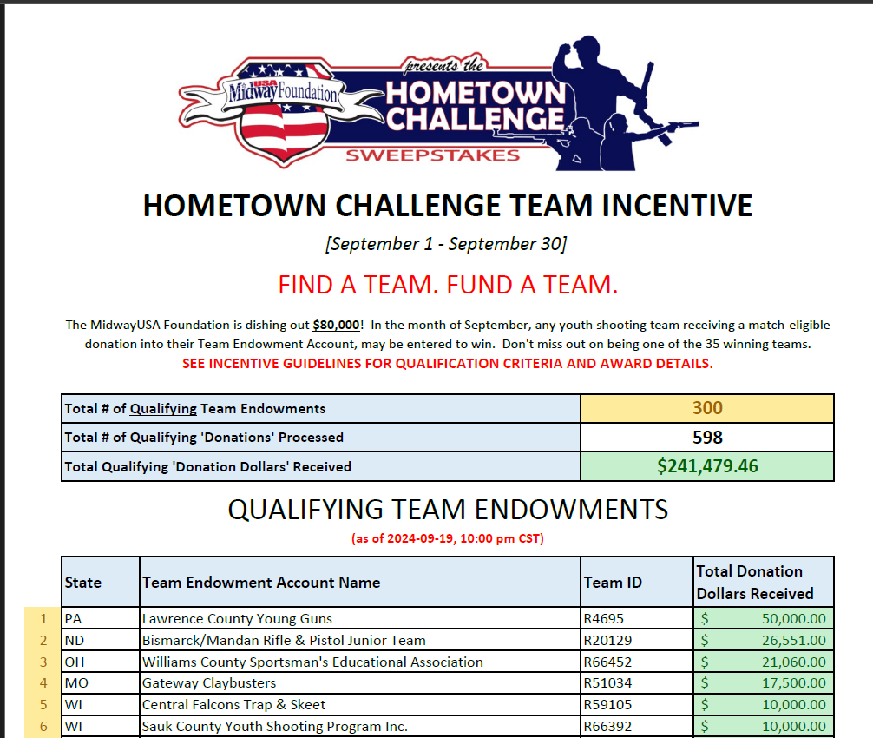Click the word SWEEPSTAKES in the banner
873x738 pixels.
(x=432, y=155)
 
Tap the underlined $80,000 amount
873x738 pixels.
(x=336, y=325)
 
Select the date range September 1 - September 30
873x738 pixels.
(x=446, y=243)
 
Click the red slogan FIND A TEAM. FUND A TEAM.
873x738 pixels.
(x=448, y=284)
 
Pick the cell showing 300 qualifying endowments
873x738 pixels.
(x=707, y=408)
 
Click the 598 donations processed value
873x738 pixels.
(x=707, y=437)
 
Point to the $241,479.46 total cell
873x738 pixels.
(x=707, y=466)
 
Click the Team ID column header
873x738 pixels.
(x=613, y=583)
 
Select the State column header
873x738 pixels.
(x=83, y=583)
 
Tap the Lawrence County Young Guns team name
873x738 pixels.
(x=237, y=619)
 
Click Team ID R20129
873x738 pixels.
(x=607, y=641)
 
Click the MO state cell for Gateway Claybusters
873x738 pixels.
(x=76, y=683)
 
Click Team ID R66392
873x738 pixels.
(x=607, y=726)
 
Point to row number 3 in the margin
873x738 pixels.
(x=43, y=662)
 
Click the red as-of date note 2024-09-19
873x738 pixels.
(x=447, y=538)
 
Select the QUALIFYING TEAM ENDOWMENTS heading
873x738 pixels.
(x=448, y=509)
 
